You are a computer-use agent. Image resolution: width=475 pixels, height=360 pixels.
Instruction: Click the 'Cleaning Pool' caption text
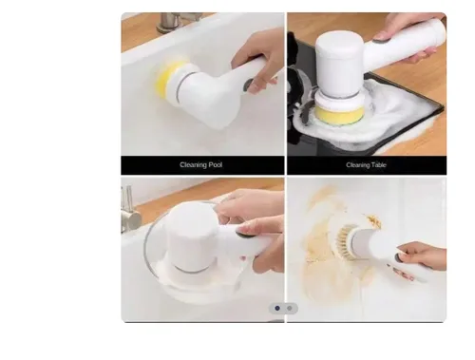pyautogui.click(x=201, y=165)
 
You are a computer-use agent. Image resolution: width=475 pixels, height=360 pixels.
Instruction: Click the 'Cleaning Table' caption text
pyautogui.click(x=366, y=165)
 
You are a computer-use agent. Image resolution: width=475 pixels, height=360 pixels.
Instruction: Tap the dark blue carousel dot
pyautogui.click(x=277, y=308)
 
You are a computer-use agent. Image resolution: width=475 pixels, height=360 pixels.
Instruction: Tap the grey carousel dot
pyautogui.click(x=290, y=308)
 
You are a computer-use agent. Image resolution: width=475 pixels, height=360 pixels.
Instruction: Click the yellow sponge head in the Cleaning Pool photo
pyautogui.click(x=166, y=81)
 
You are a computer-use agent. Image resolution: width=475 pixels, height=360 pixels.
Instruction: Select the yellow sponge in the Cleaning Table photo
pyautogui.click(x=339, y=115)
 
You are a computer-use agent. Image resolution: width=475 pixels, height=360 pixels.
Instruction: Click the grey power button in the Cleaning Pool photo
pyautogui.click(x=248, y=85)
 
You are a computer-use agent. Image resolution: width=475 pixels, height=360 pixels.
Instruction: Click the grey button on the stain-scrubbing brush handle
pyautogui.click(x=399, y=256)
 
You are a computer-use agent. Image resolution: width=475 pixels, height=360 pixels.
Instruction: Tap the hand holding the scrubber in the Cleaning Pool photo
pyautogui.click(x=258, y=59)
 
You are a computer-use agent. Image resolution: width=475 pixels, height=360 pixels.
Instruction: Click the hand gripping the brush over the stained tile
pyautogui.click(x=421, y=259)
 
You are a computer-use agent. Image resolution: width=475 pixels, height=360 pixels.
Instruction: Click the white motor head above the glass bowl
pyautogui.click(x=192, y=237)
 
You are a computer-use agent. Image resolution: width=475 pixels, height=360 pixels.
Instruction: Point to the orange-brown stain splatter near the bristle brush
pyautogui.click(x=373, y=220)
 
